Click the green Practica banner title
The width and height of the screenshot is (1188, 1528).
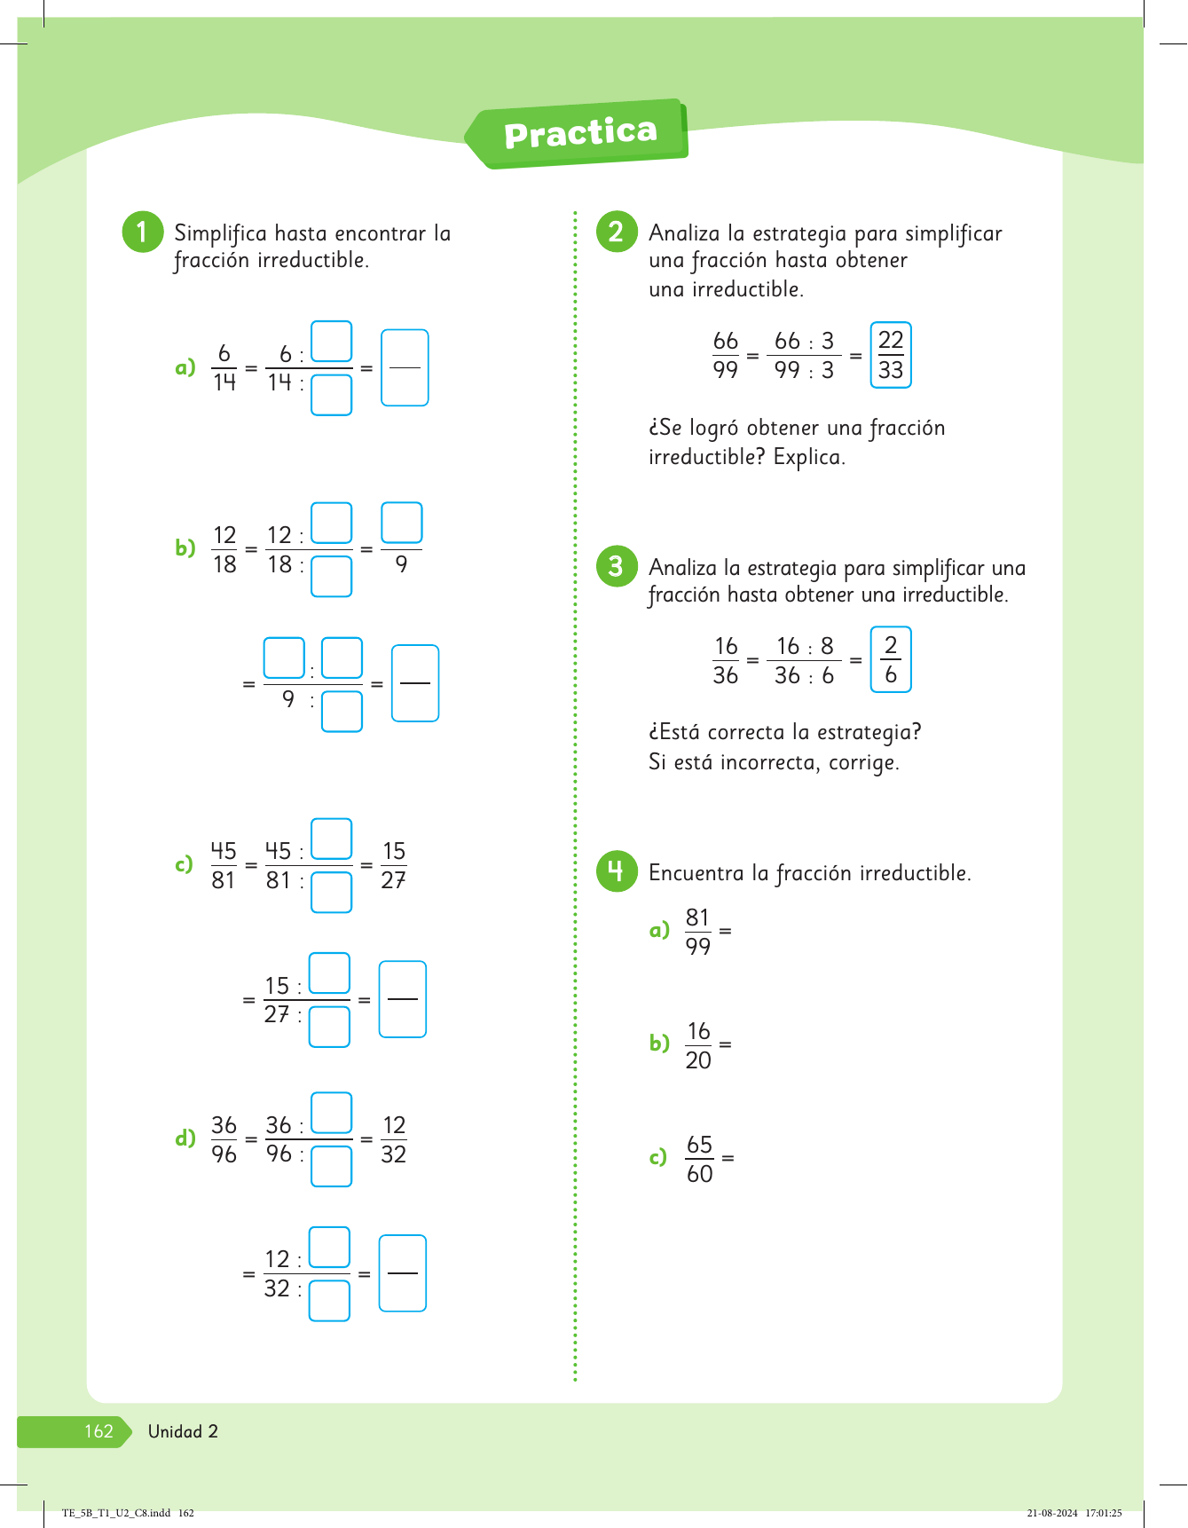(580, 134)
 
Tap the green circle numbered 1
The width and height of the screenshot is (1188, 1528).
(142, 232)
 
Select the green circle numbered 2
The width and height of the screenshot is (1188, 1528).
(617, 232)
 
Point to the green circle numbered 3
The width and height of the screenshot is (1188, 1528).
(617, 566)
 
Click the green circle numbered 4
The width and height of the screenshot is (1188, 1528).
(617, 871)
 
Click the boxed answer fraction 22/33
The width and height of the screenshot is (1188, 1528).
(891, 355)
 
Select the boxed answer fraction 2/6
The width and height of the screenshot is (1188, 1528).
(891, 660)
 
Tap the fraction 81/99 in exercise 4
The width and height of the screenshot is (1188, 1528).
(698, 932)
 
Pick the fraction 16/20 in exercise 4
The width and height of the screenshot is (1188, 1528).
(698, 1045)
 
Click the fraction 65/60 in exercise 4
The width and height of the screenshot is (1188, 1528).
(699, 1159)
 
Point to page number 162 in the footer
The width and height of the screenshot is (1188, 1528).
(98, 1431)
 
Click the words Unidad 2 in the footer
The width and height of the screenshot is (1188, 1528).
(183, 1431)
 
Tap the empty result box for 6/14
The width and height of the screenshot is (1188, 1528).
(405, 367)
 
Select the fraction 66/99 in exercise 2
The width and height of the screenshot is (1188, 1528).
(726, 355)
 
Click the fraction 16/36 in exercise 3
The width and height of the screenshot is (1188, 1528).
(726, 660)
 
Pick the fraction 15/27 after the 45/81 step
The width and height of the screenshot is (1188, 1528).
(394, 865)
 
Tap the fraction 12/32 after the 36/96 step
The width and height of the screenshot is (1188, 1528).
(394, 1139)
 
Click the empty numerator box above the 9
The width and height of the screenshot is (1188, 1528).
(402, 523)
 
